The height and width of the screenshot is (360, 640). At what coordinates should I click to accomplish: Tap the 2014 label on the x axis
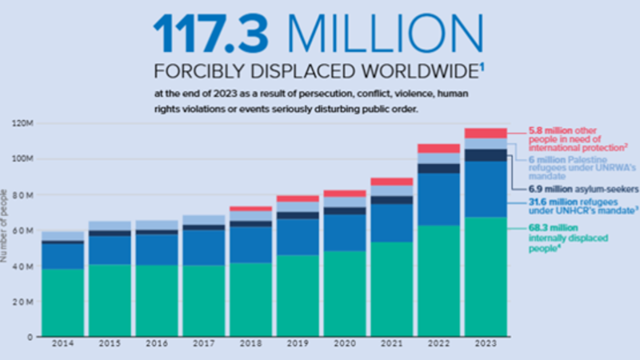(x=62, y=344)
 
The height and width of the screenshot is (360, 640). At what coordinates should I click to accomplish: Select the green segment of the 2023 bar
(x=485, y=276)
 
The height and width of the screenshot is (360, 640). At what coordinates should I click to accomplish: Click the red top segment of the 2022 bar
(x=438, y=148)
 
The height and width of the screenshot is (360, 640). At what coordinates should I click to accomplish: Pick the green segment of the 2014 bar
(x=63, y=302)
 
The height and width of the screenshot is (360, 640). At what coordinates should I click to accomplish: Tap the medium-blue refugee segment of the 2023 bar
(x=485, y=189)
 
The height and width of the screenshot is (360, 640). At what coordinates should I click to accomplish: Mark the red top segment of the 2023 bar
(x=485, y=133)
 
